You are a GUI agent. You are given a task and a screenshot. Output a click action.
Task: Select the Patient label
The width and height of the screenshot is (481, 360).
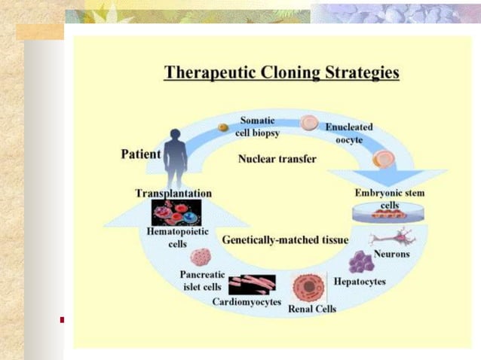click(141, 154)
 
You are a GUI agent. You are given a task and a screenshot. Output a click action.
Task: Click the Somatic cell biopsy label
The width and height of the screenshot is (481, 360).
click(257, 126)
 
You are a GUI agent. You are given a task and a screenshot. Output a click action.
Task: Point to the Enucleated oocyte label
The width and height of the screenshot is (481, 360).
click(348, 134)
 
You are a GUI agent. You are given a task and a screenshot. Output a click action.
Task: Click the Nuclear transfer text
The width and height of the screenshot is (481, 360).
click(277, 159)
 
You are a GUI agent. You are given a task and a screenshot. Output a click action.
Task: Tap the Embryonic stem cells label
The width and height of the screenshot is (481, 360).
click(389, 199)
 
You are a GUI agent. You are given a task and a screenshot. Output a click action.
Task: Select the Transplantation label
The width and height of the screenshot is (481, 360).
click(173, 194)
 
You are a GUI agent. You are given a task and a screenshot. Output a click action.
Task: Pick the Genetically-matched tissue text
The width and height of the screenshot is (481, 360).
click(285, 240)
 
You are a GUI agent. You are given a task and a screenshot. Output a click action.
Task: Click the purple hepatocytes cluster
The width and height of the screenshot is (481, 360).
click(361, 262)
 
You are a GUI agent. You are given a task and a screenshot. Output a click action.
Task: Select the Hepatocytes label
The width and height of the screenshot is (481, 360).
click(360, 282)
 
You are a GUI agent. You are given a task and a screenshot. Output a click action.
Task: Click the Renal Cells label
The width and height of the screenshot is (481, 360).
click(312, 309)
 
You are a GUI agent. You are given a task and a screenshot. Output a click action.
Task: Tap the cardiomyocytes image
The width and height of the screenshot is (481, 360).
click(252, 284)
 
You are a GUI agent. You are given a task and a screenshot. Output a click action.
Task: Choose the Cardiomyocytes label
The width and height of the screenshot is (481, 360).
click(247, 302)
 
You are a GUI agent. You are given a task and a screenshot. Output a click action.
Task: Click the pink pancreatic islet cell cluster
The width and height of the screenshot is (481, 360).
click(201, 258)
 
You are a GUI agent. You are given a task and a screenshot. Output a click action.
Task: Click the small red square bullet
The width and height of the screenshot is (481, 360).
click(62, 320)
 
